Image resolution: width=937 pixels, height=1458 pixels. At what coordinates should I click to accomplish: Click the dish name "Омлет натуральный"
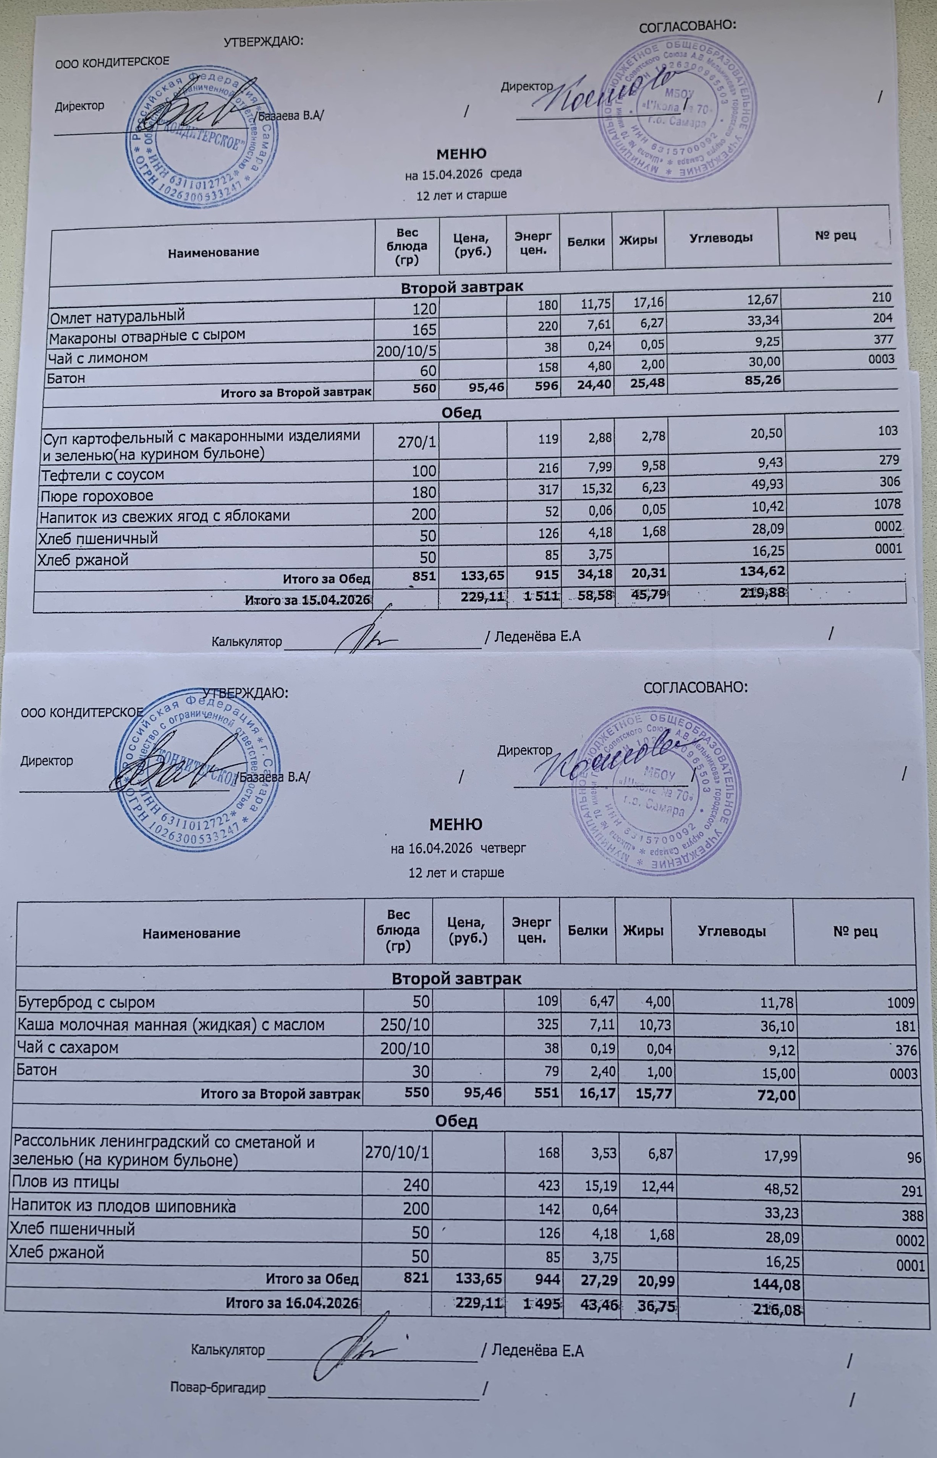point(117,316)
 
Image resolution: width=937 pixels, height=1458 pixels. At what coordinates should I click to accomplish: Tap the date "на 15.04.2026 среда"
point(463,174)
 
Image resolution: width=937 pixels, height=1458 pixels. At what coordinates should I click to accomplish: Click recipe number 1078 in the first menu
point(888,504)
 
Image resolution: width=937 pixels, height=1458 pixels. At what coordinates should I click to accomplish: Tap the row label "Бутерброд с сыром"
point(86,1002)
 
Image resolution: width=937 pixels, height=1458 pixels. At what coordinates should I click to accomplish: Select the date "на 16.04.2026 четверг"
point(458,848)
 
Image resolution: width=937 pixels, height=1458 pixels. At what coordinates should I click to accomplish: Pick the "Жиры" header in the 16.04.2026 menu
point(642,930)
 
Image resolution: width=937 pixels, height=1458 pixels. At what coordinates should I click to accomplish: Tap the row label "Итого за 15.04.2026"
point(307,600)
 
